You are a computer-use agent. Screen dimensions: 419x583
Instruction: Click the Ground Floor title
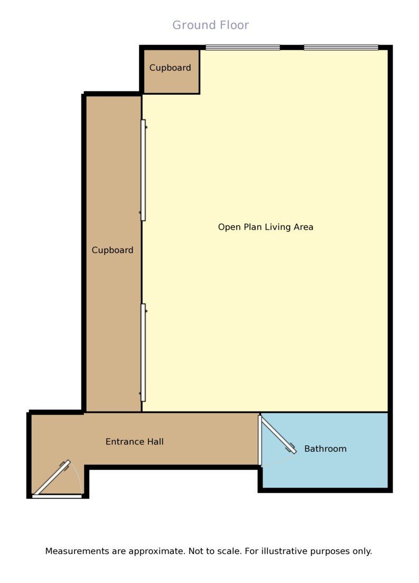211,25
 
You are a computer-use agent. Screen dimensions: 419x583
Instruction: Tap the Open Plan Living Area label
266,227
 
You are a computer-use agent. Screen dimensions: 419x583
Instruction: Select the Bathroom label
325,449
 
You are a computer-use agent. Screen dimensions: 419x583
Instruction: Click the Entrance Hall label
134,442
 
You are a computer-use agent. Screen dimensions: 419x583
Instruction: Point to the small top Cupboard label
170,68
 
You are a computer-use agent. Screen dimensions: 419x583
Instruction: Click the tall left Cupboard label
113,250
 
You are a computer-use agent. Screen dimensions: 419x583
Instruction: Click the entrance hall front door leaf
52,478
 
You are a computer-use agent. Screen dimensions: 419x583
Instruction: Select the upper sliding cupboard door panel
143,170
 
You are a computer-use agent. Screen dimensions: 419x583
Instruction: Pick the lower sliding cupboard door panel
143,352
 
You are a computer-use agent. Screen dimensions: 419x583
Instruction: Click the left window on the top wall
243,47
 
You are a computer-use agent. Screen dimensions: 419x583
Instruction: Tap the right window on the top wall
341,47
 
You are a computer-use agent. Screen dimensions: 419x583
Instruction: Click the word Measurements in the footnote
78,551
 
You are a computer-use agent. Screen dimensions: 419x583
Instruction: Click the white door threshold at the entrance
57,496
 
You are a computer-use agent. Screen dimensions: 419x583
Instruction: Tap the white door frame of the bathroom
260,440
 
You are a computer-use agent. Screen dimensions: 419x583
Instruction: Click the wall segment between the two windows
292,47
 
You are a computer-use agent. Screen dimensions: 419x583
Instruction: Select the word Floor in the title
233,25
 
